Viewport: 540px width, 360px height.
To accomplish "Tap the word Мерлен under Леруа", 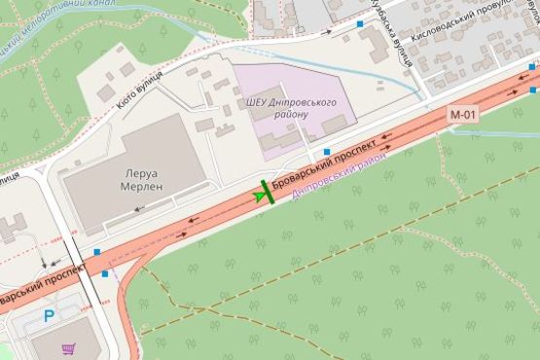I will click(x=140, y=185).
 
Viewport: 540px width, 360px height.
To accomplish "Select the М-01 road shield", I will click(x=462, y=114).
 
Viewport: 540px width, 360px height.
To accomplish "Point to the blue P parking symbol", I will click(x=50, y=316).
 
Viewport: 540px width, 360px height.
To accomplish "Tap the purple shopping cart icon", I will click(x=68, y=348).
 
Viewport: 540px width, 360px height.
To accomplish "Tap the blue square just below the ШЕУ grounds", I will click(x=327, y=152).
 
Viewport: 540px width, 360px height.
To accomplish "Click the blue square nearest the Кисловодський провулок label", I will click(x=361, y=23).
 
